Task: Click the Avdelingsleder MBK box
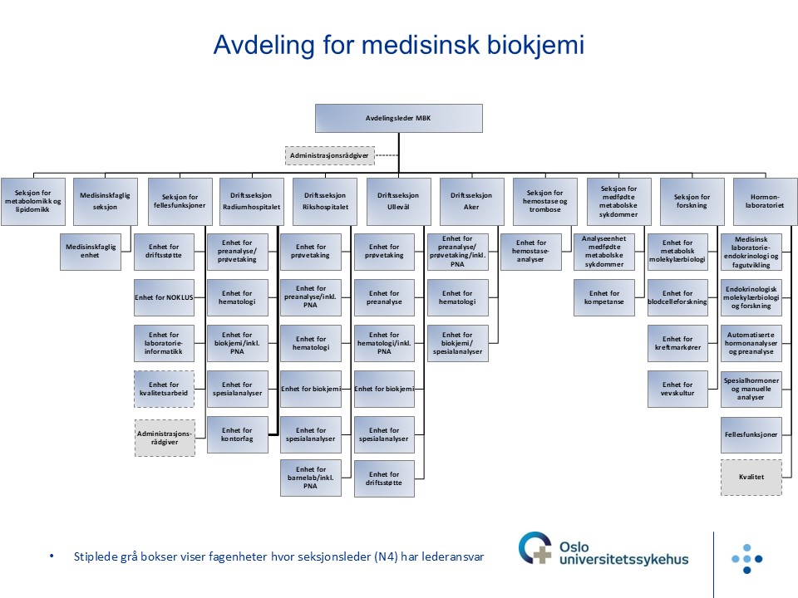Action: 398,118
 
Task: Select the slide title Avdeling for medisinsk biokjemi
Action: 398,45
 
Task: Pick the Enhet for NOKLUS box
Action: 164,297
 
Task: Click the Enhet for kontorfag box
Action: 237,434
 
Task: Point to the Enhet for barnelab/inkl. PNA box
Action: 310,478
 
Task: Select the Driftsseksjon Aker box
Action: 471,201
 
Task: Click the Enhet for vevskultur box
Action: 677,389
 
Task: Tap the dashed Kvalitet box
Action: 751,478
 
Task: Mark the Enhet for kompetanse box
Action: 604,297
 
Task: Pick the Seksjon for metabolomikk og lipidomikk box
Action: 33,201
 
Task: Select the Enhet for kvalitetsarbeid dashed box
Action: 164,389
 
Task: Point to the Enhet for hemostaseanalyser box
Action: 531,251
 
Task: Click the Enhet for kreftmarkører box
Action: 677,343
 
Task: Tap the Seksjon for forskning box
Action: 691,201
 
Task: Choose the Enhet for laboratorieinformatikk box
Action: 164,343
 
